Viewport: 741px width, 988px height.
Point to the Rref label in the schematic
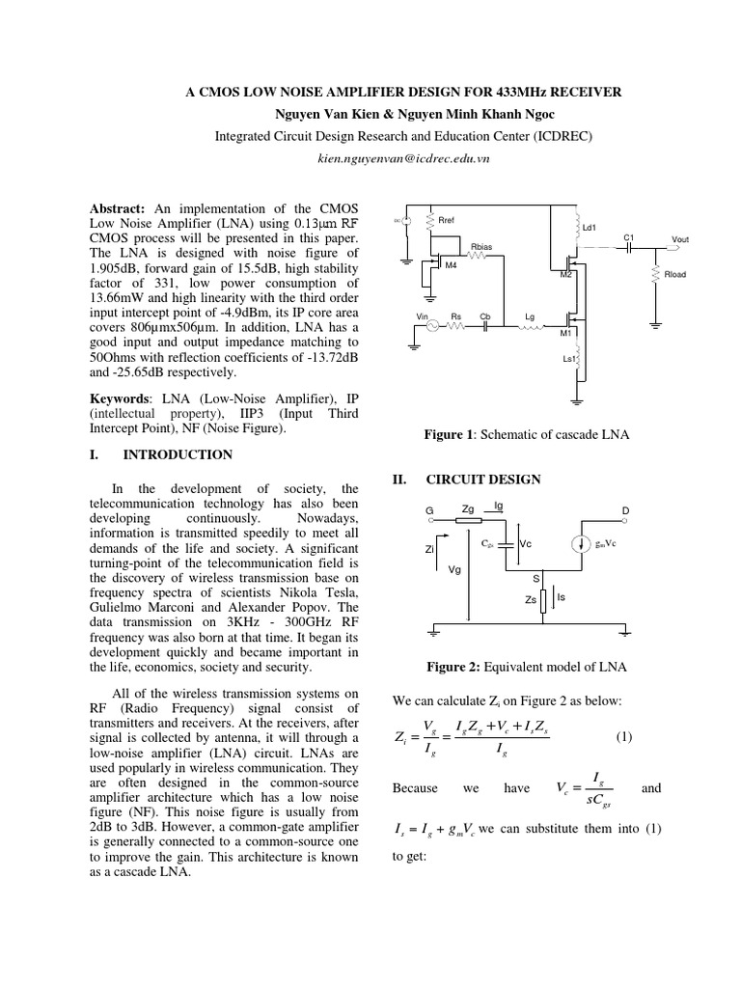click(x=446, y=220)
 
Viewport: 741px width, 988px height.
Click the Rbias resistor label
click(x=480, y=247)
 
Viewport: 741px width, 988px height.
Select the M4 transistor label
click(x=451, y=266)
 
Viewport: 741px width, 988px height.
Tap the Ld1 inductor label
click(x=590, y=228)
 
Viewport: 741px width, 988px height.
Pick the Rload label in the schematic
click(x=676, y=275)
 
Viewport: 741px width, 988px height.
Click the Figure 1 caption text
click(x=526, y=435)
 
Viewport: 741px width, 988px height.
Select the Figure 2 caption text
click(x=526, y=666)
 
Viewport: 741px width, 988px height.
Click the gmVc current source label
click(x=604, y=544)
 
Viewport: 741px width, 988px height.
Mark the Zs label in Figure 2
click(x=530, y=599)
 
